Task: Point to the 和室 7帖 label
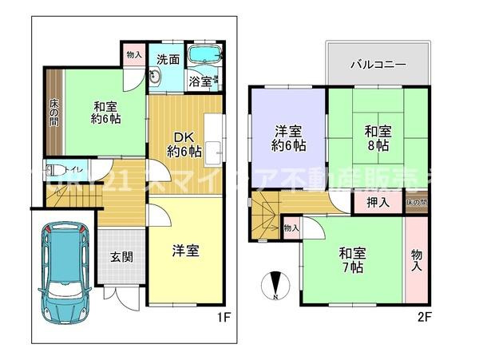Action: (x=351, y=260)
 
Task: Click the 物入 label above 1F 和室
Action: (x=134, y=56)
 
